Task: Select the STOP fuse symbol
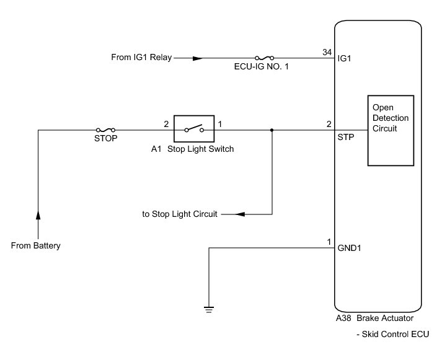(105, 130)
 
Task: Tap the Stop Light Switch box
(194, 130)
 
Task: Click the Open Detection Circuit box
(391, 130)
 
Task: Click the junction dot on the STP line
(272, 130)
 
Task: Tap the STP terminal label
(346, 137)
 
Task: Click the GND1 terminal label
(349, 248)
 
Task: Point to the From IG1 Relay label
(142, 58)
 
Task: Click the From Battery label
(36, 246)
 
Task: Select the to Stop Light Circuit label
(180, 214)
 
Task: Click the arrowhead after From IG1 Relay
(197, 58)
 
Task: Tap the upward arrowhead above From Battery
(38, 214)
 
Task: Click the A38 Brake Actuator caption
(374, 319)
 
